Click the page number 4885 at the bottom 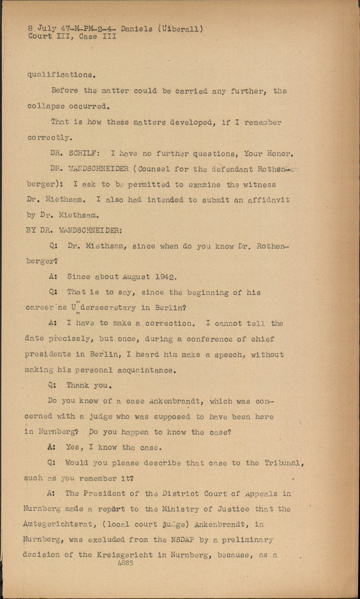(125, 563)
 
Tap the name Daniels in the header (137, 29)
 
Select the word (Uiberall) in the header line (181, 29)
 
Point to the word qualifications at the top (61, 75)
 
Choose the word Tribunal (283, 463)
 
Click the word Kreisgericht (121, 555)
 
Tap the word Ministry (181, 509)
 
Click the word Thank (78, 385)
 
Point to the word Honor (279, 153)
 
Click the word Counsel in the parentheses (154, 169)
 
